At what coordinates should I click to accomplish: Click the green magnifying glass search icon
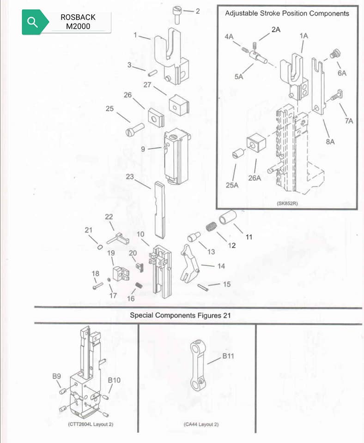click(x=33, y=22)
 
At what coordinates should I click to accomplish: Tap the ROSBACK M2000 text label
click(x=78, y=22)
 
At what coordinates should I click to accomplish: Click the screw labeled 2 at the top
click(x=177, y=16)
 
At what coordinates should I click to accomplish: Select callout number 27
click(x=147, y=85)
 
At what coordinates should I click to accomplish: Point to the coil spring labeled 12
click(x=211, y=226)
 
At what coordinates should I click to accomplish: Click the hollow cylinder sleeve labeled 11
click(x=228, y=217)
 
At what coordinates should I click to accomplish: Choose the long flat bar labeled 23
click(x=159, y=210)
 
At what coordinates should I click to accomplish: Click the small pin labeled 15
click(x=203, y=287)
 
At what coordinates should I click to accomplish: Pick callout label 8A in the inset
click(x=330, y=142)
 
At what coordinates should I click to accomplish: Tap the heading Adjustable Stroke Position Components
click(x=287, y=13)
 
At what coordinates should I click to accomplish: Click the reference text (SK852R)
click(x=287, y=204)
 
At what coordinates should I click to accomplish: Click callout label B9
click(x=56, y=376)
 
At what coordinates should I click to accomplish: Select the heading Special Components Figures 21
click(x=180, y=315)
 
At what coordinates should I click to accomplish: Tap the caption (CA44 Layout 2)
click(x=201, y=425)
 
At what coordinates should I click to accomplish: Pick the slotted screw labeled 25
click(x=135, y=130)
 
